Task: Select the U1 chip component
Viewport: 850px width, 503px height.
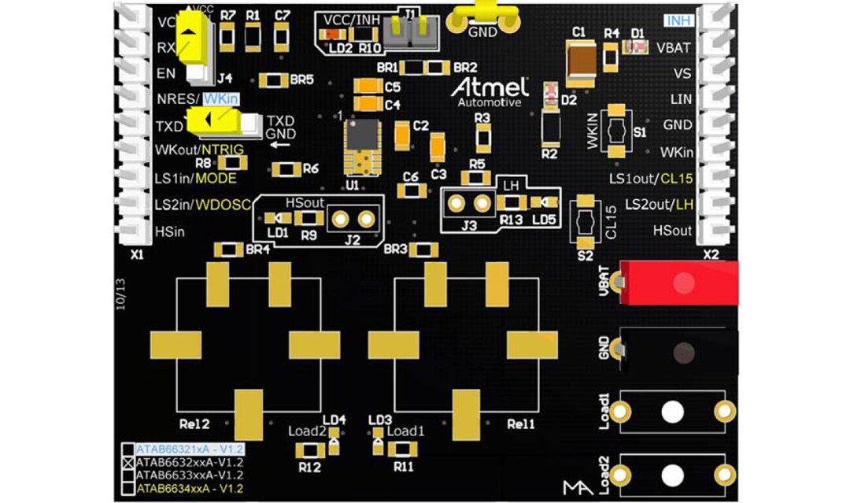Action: [x=362, y=147]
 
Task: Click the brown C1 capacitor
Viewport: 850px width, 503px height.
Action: [x=584, y=64]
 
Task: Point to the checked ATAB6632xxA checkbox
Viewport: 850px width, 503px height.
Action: [x=128, y=463]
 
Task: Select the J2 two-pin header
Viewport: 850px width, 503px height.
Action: [x=353, y=219]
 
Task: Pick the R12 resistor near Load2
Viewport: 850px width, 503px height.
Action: [x=309, y=451]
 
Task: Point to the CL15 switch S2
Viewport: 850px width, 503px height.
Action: [x=585, y=223]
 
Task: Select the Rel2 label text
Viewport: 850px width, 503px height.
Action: [x=194, y=423]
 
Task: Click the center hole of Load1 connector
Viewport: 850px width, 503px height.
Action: [x=672, y=412]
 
